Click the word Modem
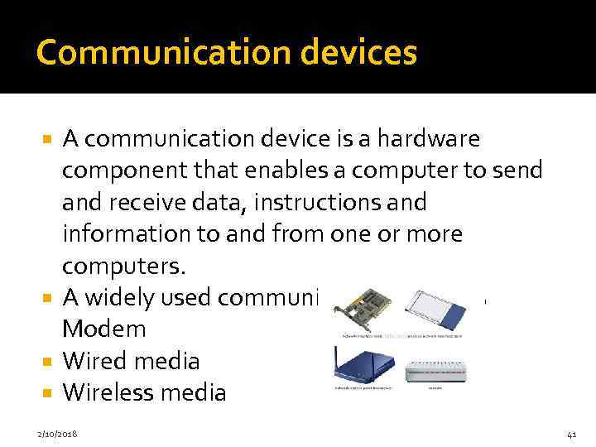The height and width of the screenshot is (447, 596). (x=104, y=329)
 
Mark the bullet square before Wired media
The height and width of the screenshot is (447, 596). (x=50, y=362)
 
